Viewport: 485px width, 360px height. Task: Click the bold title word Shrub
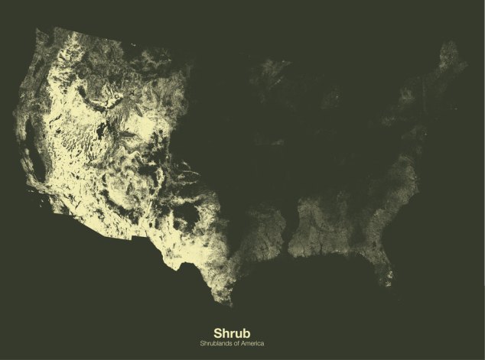[x=242, y=333]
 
